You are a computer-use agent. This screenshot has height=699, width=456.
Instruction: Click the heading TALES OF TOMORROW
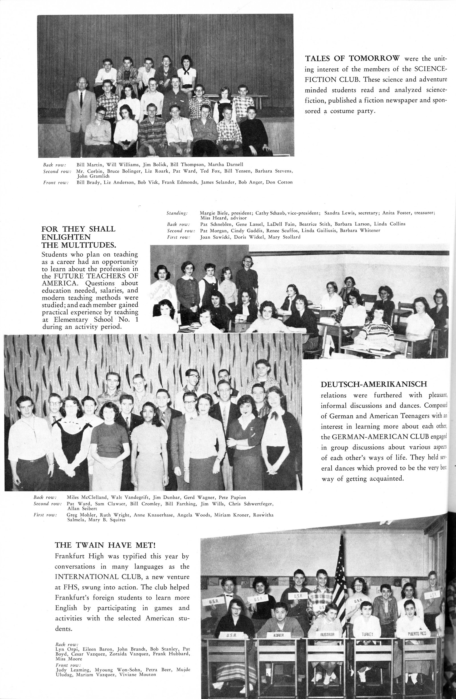[352, 58]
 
